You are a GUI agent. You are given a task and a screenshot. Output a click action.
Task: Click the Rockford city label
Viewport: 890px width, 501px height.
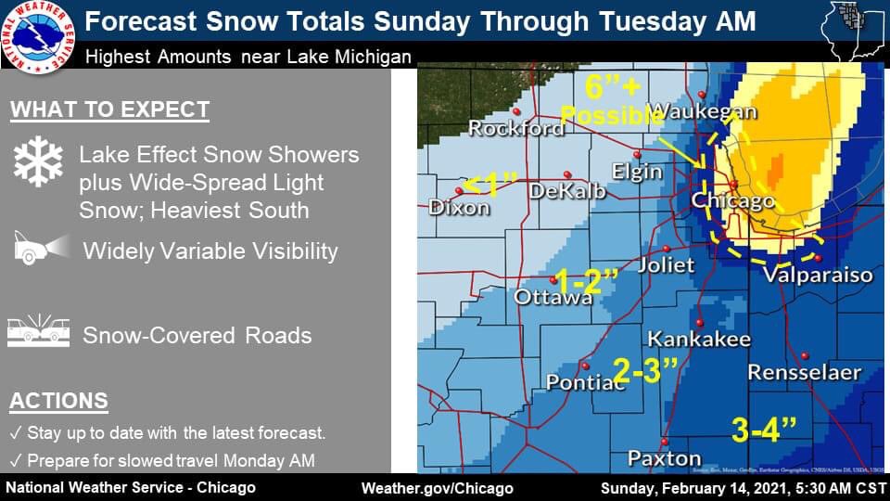pos(515,127)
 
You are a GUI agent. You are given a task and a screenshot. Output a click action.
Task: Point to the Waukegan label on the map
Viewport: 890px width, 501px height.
pos(703,111)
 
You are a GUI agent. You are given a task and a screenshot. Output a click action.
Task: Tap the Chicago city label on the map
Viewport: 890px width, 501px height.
pos(732,200)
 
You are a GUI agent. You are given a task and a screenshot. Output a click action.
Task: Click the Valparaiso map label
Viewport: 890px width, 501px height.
pos(818,275)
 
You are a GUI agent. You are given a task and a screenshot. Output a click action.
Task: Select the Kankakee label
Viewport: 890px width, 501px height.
pos(698,339)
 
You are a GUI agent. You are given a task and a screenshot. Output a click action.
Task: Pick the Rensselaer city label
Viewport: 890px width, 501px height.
pos(805,372)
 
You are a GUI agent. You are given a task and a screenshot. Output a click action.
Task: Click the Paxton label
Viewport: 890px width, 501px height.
pos(664,457)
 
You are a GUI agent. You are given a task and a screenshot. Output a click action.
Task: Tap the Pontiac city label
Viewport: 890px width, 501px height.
pos(584,381)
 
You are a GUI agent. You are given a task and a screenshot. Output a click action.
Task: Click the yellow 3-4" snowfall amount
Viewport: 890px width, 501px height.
pos(764,429)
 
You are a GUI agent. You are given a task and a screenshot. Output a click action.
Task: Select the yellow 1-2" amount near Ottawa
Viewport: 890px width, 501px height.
pos(585,279)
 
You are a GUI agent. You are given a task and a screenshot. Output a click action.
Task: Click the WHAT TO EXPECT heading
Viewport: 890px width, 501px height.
pos(109,110)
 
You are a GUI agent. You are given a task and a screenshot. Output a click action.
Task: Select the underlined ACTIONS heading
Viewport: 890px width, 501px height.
pos(58,401)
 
